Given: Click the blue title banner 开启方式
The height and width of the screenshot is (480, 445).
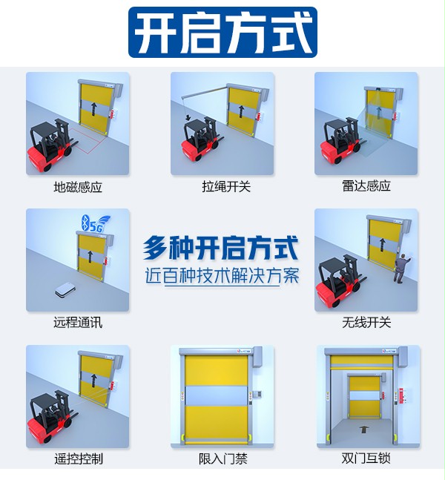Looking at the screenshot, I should [x=222, y=33].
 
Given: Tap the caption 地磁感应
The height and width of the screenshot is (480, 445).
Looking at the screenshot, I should [x=78, y=187].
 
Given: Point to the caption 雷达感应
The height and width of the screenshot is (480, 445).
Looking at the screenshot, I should [x=366, y=186].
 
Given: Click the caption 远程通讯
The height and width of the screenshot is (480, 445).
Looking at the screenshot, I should [x=78, y=323].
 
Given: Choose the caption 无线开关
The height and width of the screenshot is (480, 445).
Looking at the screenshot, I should [x=366, y=323].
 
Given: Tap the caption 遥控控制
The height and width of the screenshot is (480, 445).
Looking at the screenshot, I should [x=78, y=458].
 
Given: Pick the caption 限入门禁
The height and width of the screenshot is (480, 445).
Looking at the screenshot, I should [x=222, y=458].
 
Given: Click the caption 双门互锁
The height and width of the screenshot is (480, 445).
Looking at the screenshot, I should [x=366, y=458].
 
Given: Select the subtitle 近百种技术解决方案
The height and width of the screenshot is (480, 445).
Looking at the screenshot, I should [x=222, y=275].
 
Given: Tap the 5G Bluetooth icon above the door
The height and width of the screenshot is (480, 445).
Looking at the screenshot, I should [x=92, y=224].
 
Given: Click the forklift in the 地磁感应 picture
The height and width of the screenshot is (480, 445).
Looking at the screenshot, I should [x=47, y=145].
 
